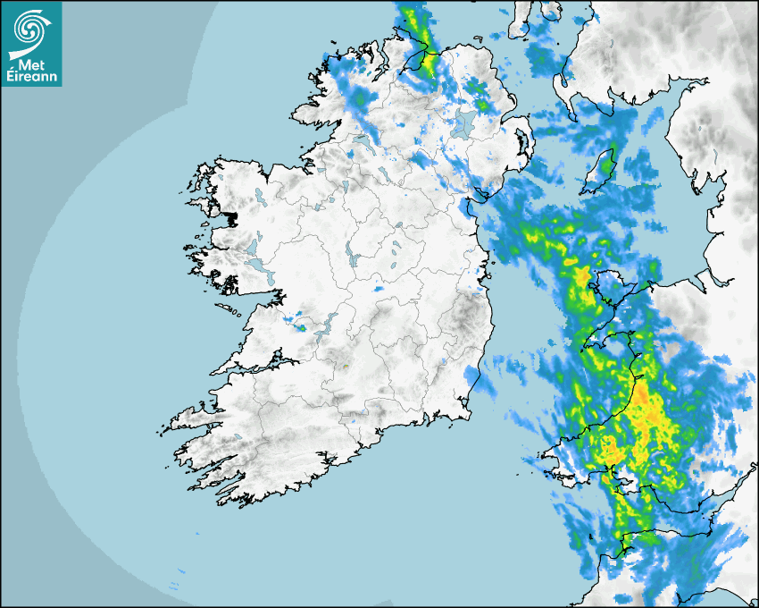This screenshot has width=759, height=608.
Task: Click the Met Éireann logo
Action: (x=31, y=43)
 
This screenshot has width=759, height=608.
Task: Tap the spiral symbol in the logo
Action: (x=31, y=30)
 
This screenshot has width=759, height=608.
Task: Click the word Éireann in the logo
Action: (x=31, y=76)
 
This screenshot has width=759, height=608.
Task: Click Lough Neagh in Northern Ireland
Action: (x=463, y=124)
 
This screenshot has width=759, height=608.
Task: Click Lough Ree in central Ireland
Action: (x=354, y=259)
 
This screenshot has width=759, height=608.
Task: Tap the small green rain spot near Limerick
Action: (x=301, y=327)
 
